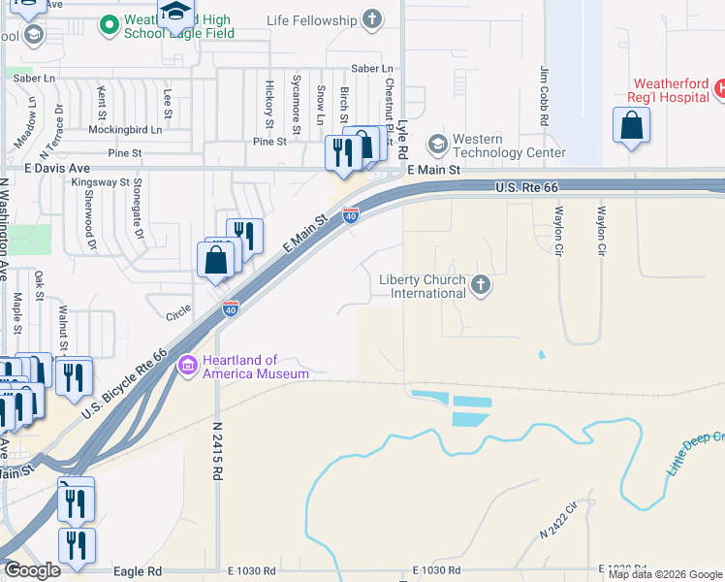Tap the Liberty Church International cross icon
tap(481, 286)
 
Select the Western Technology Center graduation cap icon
tap(438, 145)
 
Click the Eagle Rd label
tap(136, 571)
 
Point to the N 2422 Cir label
tap(558, 521)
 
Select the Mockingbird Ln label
tap(125, 129)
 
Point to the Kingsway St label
tap(102, 181)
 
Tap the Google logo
tap(32, 570)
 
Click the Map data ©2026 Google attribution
tap(666, 574)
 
